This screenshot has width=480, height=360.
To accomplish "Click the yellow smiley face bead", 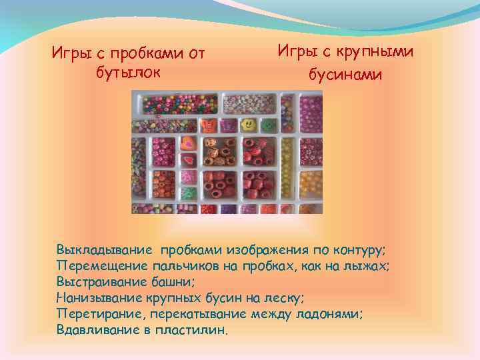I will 247,124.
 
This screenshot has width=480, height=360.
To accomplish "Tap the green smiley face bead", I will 267,125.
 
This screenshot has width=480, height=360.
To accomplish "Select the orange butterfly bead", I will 208,124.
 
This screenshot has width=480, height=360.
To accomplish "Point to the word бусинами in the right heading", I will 345,75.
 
